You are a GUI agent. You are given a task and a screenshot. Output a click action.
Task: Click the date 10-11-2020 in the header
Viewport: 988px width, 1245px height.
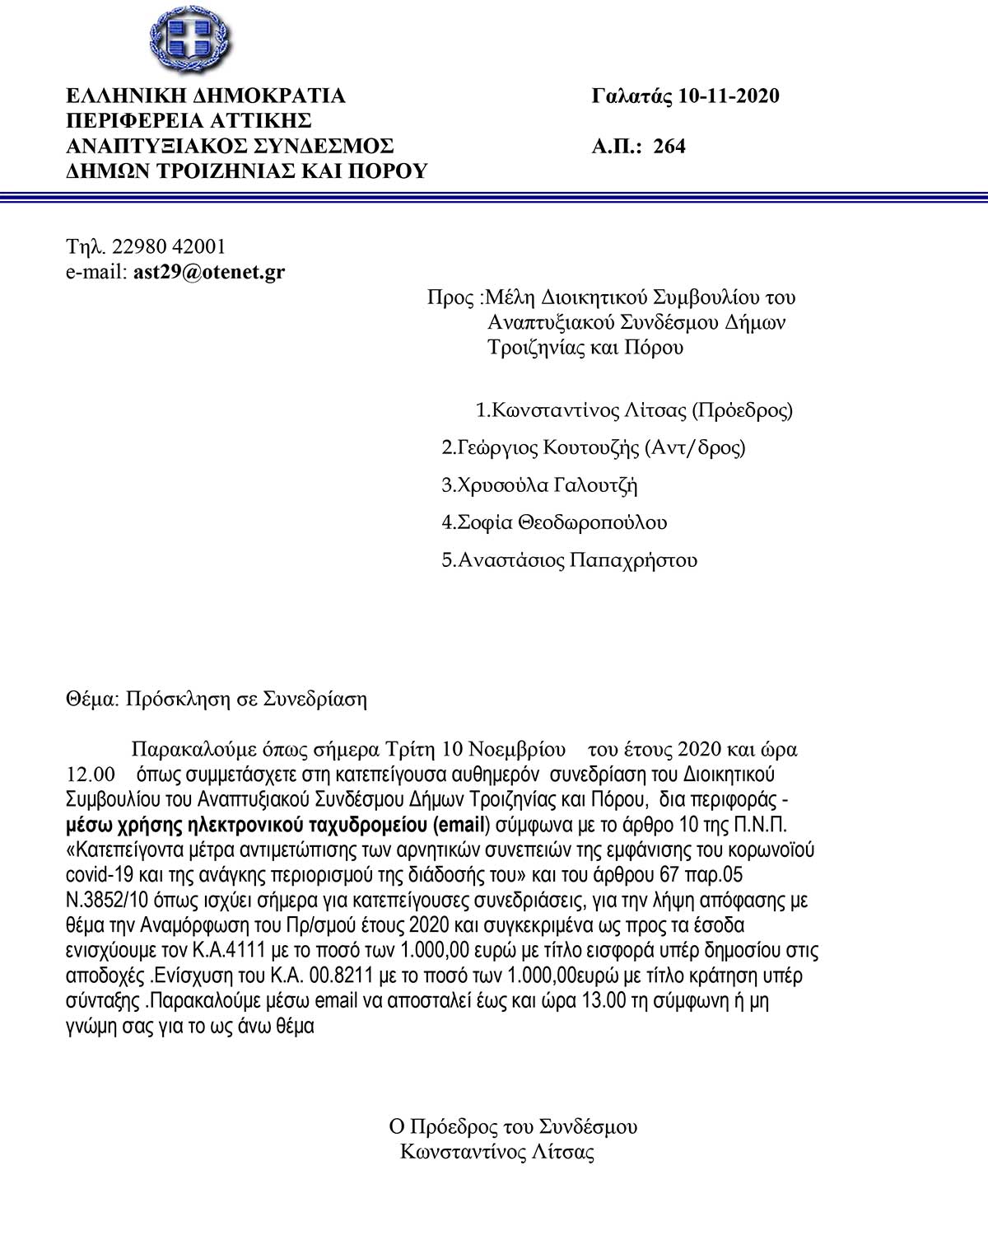pos(729,96)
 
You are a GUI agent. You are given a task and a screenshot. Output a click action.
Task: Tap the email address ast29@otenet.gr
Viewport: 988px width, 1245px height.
pos(208,271)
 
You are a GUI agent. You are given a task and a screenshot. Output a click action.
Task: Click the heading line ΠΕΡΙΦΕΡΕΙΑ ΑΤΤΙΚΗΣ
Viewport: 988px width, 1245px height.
pos(189,121)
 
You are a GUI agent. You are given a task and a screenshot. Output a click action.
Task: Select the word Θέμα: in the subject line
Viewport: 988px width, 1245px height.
pos(93,700)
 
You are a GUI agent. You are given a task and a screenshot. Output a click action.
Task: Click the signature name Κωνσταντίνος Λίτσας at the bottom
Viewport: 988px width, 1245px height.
pos(497,1151)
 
